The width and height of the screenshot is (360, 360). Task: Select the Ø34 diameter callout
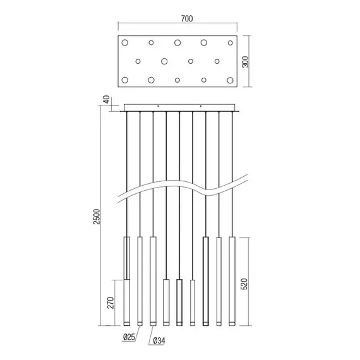pos(158,342)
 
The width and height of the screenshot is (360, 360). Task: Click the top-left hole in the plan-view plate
pos(125,43)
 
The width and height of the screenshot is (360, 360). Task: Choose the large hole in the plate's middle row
pos(164,61)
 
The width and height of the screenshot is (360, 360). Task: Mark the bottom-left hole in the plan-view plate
pos(125,80)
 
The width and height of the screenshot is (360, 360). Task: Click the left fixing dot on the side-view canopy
pos(158,105)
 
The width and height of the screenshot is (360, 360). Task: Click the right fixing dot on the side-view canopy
pos(201,105)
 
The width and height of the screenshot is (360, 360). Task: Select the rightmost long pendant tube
pos(232,281)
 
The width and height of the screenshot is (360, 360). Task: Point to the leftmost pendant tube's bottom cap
pos(126,323)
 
